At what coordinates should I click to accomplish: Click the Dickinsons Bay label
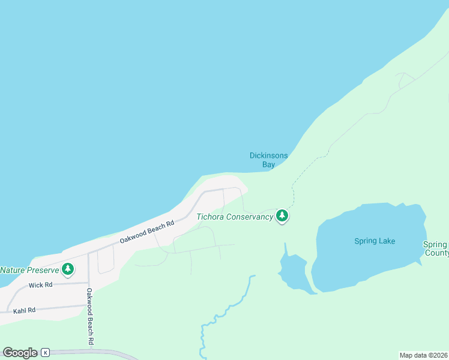[x=268, y=160]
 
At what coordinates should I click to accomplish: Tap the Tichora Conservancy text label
[x=235, y=217]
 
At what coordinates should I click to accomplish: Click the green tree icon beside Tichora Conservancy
[x=282, y=216]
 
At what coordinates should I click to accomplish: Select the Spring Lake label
[x=375, y=241]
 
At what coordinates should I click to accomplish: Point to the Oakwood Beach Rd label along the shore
[x=146, y=231]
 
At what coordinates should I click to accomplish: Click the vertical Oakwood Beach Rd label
[x=89, y=316]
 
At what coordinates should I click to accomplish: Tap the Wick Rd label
[x=40, y=285]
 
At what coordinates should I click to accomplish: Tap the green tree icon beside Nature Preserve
[x=68, y=269]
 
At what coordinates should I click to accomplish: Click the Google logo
[x=19, y=353]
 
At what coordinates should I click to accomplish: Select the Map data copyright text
[x=424, y=355]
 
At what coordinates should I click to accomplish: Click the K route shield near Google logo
[x=44, y=353]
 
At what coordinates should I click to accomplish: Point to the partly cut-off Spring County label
[x=436, y=248]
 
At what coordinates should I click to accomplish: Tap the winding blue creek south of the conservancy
[x=228, y=309]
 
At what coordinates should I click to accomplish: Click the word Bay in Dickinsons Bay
[x=268, y=164]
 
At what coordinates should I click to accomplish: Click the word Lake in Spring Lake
[x=387, y=241]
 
